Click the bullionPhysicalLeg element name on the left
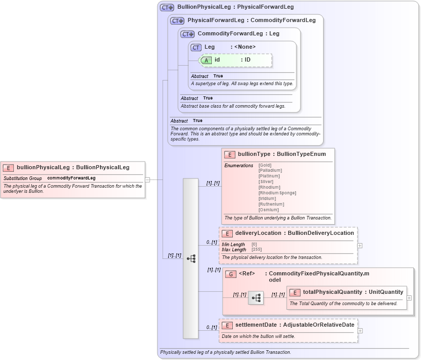[43, 167]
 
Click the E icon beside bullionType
[230, 154]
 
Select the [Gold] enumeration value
[265, 165]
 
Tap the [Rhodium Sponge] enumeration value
[277, 193]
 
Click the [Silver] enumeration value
[266, 182]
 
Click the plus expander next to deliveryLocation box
[359, 246]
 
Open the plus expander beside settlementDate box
[359, 331]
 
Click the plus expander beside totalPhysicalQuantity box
[409, 297]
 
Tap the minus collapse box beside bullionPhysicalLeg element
[147, 180]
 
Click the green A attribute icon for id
[206, 60]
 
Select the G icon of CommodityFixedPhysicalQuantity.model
[231, 274]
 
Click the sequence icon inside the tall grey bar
[191, 258]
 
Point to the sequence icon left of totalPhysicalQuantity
[256, 297]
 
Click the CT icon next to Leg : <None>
[196, 47]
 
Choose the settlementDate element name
[256, 325]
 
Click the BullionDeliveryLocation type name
[320, 233]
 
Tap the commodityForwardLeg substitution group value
[71, 178]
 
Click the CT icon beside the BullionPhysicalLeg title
[167, 8]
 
